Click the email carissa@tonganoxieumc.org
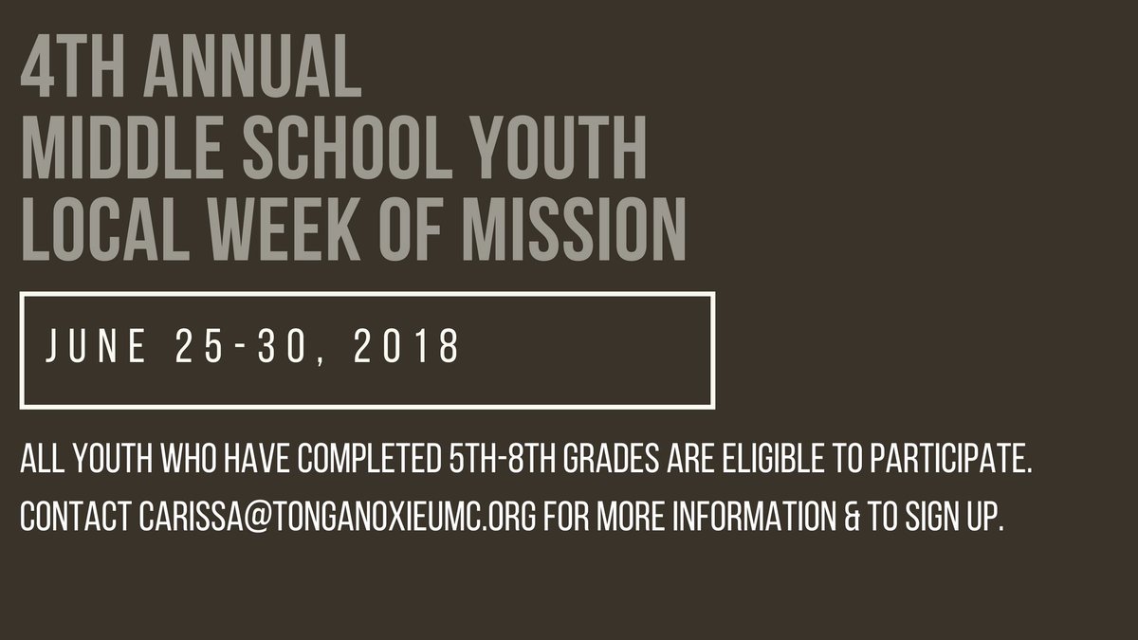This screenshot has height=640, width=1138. (x=335, y=521)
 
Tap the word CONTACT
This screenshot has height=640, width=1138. (x=75, y=521)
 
